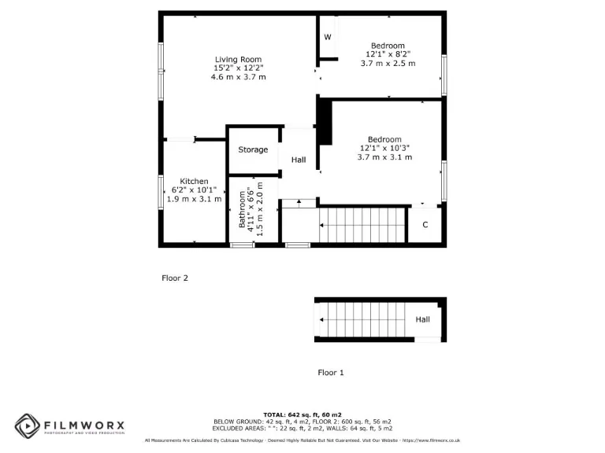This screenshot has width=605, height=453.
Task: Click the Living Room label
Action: coord(238,59)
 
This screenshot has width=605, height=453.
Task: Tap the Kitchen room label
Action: coord(194,181)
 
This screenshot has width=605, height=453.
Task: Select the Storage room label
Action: coord(253,149)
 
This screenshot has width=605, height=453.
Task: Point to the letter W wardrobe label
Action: coord(328,37)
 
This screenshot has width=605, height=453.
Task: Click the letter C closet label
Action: coord(425,225)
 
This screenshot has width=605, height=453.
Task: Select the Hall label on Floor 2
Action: coord(299,160)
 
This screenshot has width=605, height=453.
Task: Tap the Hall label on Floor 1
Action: coord(423,319)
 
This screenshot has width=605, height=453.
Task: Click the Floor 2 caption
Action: coord(175,278)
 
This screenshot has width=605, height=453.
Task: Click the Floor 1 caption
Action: coord(331,372)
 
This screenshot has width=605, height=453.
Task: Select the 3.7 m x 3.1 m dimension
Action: coord(384,157)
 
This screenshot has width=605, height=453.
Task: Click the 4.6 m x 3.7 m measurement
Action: coord(238,77)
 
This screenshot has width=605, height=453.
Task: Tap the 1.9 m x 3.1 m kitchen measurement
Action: coord(194,199)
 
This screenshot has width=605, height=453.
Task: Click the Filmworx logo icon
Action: coord(27,425)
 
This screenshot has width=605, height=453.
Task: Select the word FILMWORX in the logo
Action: coord(84,423)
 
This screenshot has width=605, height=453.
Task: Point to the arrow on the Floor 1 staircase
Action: coord(323,319)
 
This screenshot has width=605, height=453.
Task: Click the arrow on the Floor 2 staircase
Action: coord(323,226)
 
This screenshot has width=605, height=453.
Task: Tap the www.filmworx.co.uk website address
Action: coord(435,440)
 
